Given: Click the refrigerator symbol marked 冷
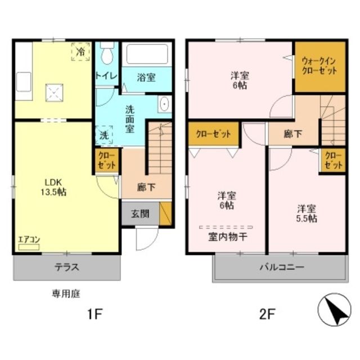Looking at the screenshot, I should pyautogui.click(x=80, y=52).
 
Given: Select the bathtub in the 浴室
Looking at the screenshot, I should pyautogui.click(x=147, y=54).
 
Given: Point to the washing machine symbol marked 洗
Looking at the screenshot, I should pyautogui.click(x=105, y=135).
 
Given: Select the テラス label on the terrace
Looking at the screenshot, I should pyautogui.click(x=66, y=267).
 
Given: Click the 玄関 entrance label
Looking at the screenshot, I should pyautogui.click(x=140, y=214).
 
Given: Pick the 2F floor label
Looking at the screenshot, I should pyautogui.click(x=267, y=314).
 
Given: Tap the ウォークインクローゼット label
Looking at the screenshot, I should pyautogui.click(x=319, y=67).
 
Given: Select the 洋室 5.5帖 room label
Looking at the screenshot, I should pyautogui.click(x=307, y=213).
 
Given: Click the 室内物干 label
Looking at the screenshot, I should pyautogui.click(x=228, y=236).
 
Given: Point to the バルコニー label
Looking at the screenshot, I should pyautogui.click(x=282, y=267).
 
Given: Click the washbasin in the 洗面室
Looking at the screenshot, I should pyautogui.click(x=164, y=105).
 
